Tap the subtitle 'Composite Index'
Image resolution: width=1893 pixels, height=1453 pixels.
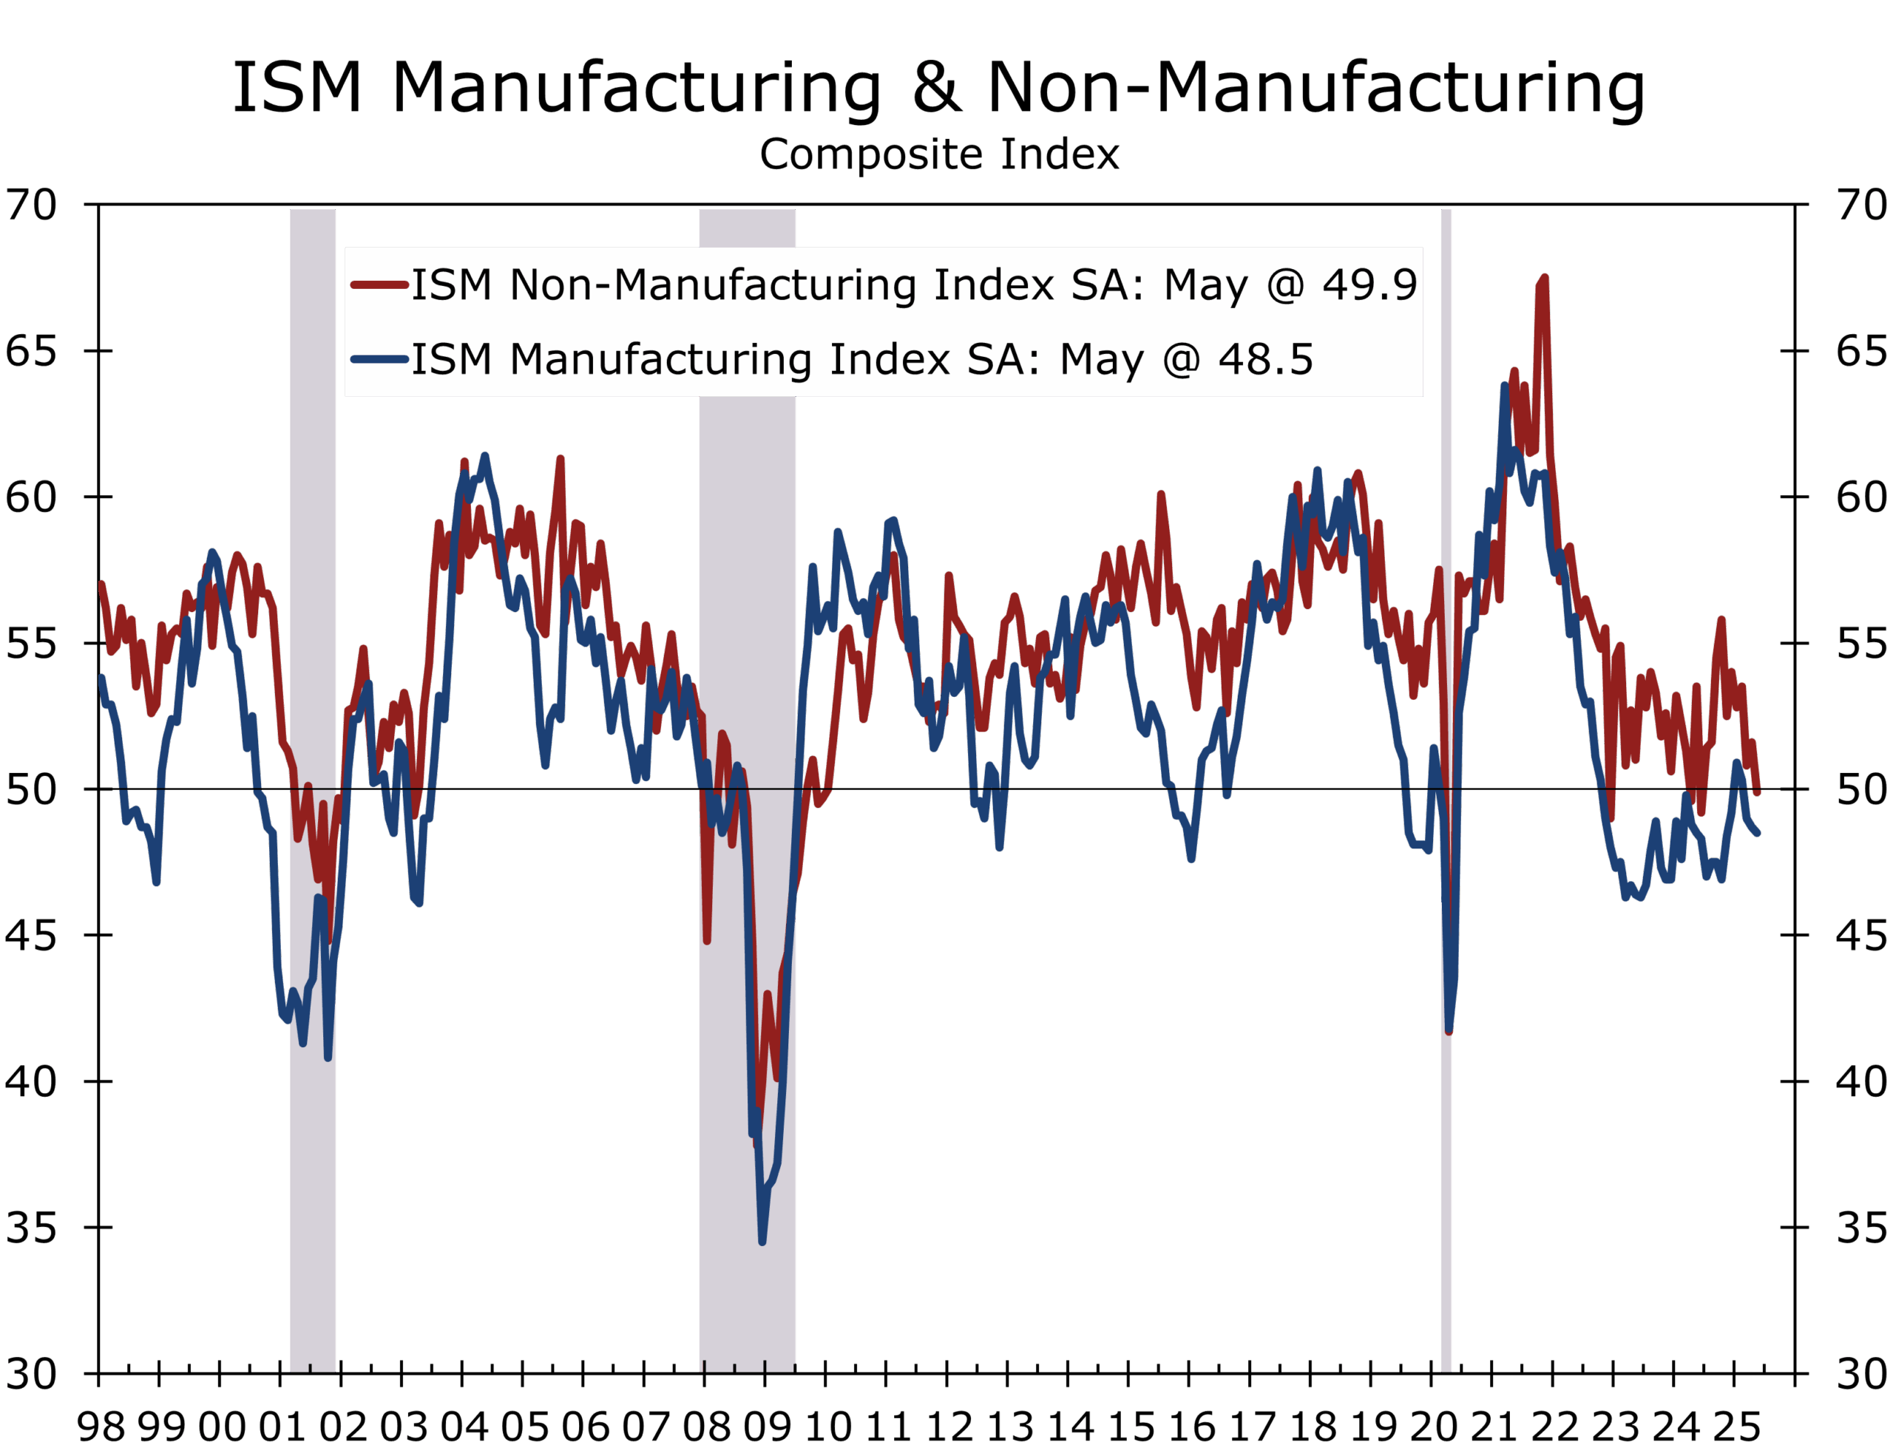tap(940, 154)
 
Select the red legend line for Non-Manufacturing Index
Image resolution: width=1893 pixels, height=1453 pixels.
tap(379, 285)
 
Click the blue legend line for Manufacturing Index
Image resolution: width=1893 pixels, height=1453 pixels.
tap(379, 359)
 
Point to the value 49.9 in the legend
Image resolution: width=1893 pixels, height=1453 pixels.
tap(1369, 285)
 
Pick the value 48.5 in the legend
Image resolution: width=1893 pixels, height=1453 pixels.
tap(1266, 359)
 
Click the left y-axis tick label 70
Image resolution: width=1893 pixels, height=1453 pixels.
tap(30, 205)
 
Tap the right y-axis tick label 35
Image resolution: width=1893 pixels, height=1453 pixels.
tap(1861, 1228)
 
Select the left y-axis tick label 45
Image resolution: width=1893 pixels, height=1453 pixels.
tap(30, 935)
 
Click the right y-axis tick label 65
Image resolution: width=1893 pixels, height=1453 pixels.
tap(1861, 351)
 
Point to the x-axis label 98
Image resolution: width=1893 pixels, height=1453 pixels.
tap(101, 1426)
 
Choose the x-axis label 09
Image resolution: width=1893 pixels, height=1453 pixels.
tap(767, 1426)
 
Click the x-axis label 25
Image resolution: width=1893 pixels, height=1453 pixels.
tap(1735, 1426)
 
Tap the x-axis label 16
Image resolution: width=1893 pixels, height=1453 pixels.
tap(1191, 1426)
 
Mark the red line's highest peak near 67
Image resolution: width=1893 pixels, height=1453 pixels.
tap(1543, 279)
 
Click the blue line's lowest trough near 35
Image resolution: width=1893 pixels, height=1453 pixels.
tap(762, 1241)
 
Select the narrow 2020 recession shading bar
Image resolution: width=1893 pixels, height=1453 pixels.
tap(1446, 778)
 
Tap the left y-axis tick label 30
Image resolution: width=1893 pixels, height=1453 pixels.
tap(30, 1373)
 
